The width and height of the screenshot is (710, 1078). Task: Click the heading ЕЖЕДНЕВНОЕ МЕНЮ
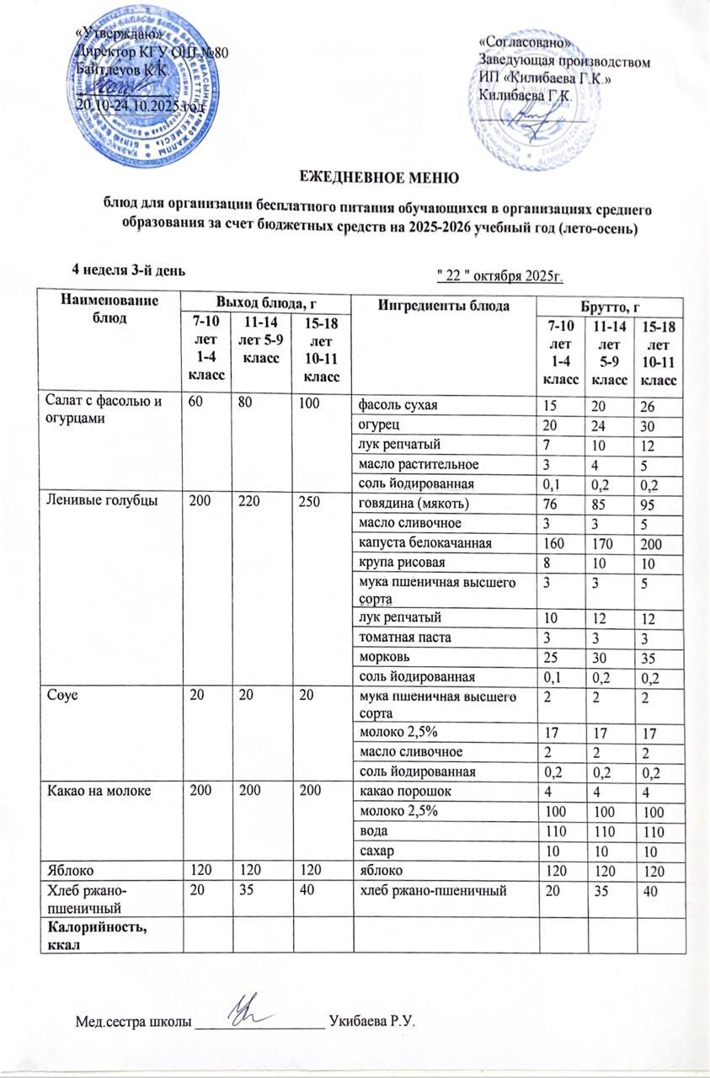pos(379,177)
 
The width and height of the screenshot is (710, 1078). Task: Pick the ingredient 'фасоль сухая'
pos(399,406)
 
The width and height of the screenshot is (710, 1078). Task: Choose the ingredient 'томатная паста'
pos(404,636)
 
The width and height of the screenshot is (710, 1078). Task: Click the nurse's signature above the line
pos(252,1015)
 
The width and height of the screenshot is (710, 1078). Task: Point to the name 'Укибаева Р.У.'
pos(374,1022)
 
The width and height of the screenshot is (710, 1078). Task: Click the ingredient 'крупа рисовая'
pos(400,561)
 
